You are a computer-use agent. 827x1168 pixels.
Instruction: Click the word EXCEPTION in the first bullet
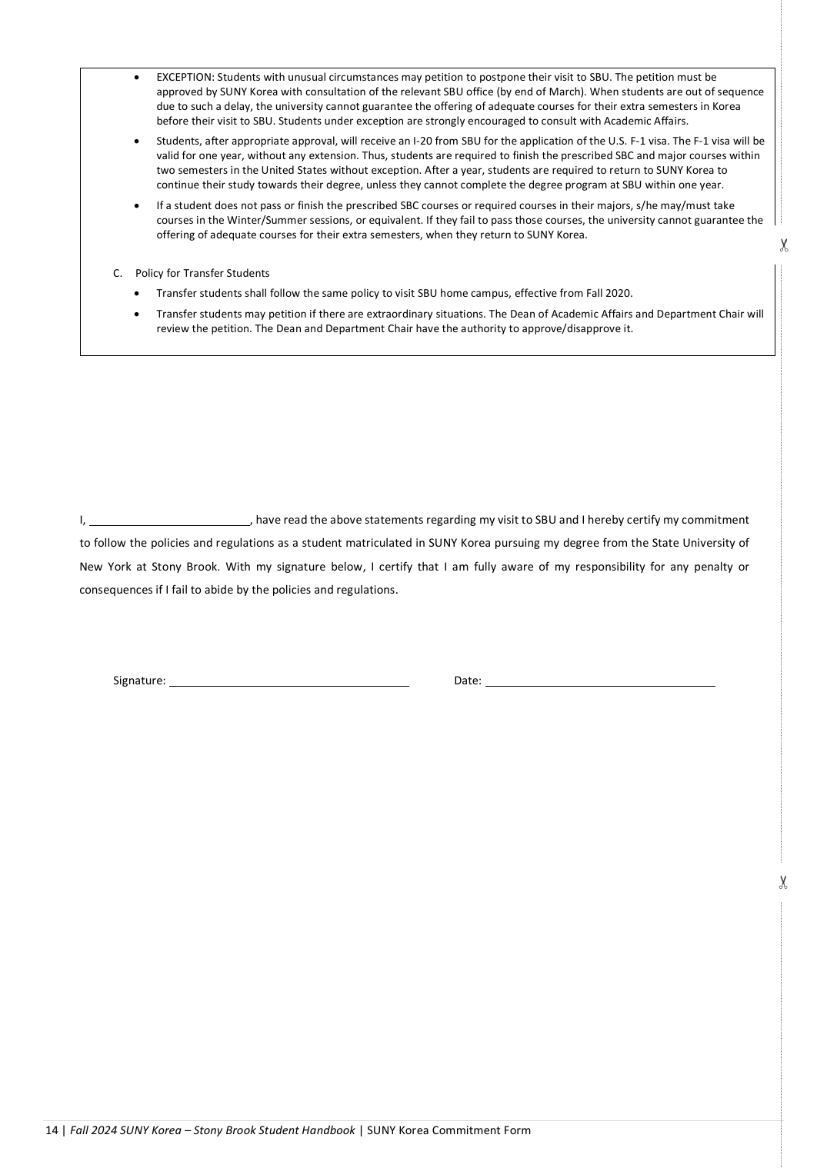(x=185, y=77)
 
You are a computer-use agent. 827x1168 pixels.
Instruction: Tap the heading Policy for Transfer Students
(x=202, y=273)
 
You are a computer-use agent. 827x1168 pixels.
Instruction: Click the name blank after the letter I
(x=169, y=520)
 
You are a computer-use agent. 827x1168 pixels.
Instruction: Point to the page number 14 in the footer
(x=52, y=1130)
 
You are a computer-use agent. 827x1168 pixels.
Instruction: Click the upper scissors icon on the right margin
(x=783, y=245)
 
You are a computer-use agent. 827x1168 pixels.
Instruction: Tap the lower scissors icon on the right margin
(x=783, y=882)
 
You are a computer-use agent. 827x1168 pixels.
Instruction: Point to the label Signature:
(x=139, y=681)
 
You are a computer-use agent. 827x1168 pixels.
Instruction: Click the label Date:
(x=468, y=681)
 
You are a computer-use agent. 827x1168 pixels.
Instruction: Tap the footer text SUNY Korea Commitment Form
(x=449, y=1130)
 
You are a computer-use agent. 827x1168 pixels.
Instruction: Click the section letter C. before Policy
(x=118, y=273)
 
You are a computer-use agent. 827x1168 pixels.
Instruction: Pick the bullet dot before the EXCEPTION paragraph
(x=137, y=78)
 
